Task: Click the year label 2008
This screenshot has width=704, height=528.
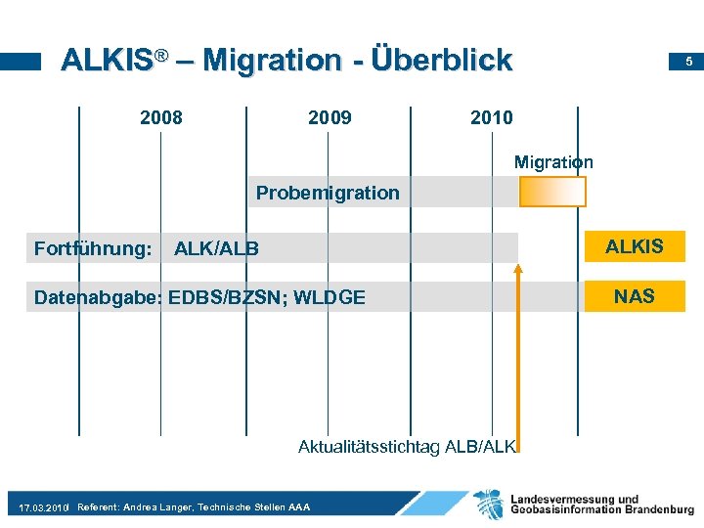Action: pos(160,118)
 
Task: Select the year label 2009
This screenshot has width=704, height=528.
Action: pos(330,118)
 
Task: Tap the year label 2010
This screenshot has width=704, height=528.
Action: pos(491,118)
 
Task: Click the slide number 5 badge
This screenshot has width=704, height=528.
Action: pos(688,62)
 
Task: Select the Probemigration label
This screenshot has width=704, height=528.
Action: pos(328,193)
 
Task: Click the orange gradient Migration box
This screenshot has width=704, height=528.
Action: pos(552,192)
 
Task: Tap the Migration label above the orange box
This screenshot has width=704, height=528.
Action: pos(553,162)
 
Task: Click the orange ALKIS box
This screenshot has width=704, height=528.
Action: pos(634,246)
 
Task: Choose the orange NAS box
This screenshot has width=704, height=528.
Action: pos(634,295)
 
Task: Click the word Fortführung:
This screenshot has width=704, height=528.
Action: pos(93,248)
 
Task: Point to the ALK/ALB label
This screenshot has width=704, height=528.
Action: pos(216,248)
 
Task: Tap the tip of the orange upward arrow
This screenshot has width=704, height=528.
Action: pos(519,264)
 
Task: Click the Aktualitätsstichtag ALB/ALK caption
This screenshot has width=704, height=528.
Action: pos(406,447)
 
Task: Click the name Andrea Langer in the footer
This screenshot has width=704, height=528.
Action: pos(157,507)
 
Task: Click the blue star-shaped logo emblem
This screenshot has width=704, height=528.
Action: pos(489,504)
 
